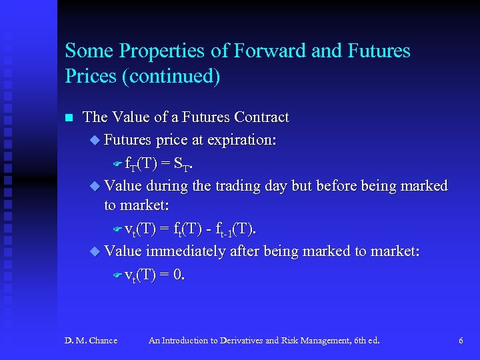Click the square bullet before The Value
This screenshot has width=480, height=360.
point(68,118)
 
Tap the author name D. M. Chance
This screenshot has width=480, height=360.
point(91,341)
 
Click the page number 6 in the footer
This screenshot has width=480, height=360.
point(461,341)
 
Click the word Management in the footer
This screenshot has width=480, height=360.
point(319,341)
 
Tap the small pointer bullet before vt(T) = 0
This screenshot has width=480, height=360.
point(117,275)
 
